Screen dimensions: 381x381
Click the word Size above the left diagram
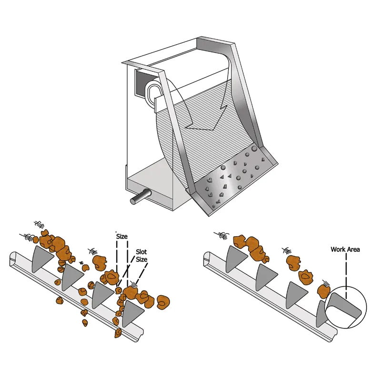[122, 236]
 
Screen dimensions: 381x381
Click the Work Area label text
[345, 249]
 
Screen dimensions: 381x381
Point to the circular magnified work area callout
[345, 309]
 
